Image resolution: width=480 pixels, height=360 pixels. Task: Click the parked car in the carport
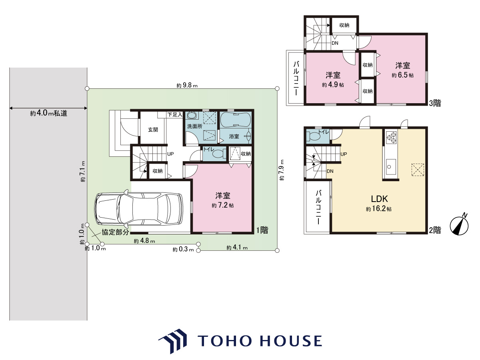click(139, 208)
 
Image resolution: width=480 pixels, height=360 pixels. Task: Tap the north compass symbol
click(459, 225)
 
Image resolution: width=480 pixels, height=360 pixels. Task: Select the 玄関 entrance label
click(153, 130)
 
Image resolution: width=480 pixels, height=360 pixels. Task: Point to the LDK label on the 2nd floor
click(379, 199)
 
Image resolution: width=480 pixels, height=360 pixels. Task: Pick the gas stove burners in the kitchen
click(392, 137)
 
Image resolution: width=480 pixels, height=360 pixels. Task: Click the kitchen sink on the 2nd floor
click(391, 167)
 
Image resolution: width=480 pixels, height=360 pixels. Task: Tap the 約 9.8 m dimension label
click(187, 85)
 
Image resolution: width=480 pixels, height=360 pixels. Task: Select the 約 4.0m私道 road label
click(48, 113)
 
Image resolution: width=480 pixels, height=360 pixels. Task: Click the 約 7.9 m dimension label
click(282, 170)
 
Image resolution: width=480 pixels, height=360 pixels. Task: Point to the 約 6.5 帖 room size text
click(402, 76)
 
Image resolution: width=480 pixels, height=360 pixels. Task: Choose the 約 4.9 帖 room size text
click(333, 85)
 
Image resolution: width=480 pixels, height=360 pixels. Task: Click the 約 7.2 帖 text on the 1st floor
click(223, 205)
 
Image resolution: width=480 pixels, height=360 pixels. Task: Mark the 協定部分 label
click(115, 232)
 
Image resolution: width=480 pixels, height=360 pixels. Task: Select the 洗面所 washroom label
click(194, 126)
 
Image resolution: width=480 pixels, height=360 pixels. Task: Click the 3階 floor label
click(435, 103)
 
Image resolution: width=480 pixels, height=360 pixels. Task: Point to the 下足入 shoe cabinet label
click(175, 114)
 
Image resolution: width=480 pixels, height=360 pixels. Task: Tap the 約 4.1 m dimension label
click(237, 248)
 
